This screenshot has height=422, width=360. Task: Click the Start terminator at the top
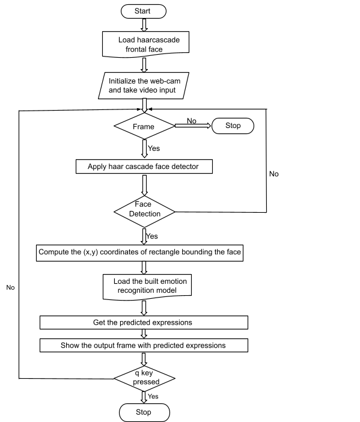pos(144,11)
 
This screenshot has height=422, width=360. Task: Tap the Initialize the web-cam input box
pos(144,85)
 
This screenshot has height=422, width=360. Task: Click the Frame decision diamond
pos(144,126)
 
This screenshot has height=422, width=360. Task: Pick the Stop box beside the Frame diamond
pos(232,126)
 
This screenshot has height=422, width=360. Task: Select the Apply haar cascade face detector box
pos(144,166)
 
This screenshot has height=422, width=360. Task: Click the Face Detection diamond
pos(144,210)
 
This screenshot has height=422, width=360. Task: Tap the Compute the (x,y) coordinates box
pos(139,252)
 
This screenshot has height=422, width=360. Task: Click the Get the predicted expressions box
pos(144,323)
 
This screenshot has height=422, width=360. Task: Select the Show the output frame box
pos(144,346)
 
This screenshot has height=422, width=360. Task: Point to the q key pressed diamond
pos(144,378)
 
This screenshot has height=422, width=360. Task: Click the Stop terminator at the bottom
pos(144,413)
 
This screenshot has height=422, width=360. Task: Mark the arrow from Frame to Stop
pos(192,126)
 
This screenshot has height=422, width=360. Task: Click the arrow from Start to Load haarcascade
pos(144,25)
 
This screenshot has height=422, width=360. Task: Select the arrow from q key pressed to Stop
pos(144,397)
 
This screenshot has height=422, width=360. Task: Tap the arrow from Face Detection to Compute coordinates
pos(144,236)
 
